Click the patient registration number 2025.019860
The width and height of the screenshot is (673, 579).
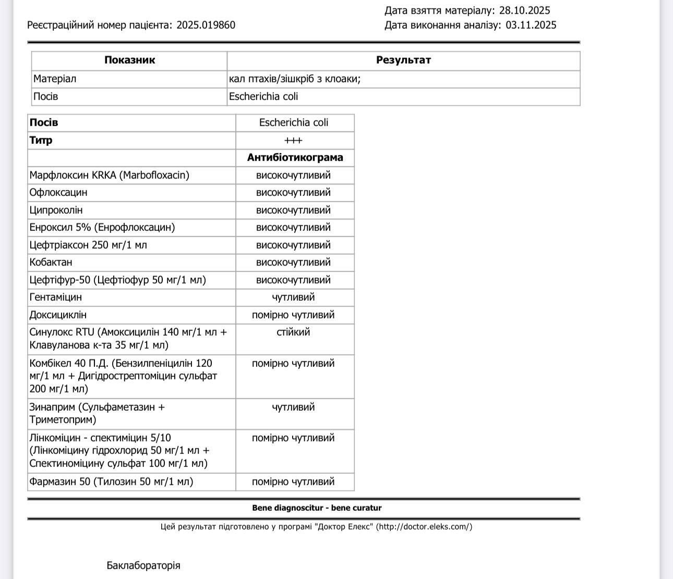206,25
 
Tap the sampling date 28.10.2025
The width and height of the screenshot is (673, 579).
524,10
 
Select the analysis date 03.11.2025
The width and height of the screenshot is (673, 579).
531,25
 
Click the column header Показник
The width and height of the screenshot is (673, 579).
129,60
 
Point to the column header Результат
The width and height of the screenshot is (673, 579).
403,60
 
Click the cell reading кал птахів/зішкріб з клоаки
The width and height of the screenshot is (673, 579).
295,79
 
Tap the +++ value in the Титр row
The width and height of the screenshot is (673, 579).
294,140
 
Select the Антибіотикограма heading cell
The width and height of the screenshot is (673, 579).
295,157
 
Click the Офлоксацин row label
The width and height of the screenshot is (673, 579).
58,192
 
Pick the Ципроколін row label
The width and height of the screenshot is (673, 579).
56,210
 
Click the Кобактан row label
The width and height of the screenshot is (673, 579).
51,262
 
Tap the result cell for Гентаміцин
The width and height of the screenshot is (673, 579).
293,297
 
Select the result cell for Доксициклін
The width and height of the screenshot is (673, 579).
293,315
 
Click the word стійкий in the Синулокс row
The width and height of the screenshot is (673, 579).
293,332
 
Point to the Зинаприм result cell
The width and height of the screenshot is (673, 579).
293,407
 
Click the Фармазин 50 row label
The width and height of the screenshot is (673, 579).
111,482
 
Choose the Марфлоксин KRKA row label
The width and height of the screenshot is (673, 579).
109,175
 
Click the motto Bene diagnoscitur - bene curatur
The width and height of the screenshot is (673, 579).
317,508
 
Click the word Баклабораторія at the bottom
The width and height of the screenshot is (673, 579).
143,565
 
